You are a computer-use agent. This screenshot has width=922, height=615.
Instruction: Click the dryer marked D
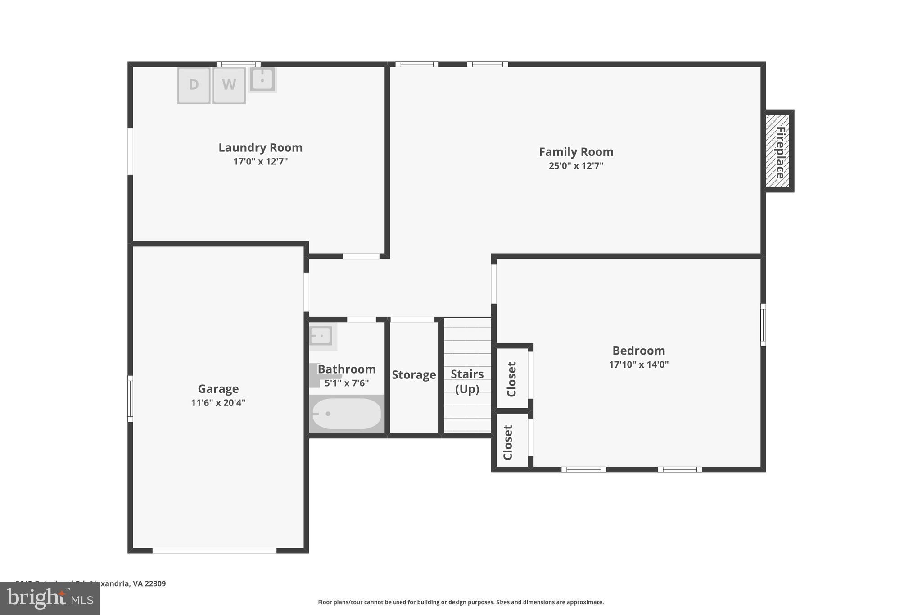(x=194, y=85)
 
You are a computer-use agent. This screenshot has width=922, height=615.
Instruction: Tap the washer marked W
(x=229, y=85)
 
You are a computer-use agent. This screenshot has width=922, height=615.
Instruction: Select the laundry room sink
(x=262, y=80)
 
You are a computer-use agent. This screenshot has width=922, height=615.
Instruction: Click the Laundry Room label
(x=260, y=148)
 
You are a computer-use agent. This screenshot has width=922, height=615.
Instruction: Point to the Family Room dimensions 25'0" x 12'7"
(x=576, y=166)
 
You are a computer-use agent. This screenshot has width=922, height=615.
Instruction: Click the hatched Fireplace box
(x=778, y=151)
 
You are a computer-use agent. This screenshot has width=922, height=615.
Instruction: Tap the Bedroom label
(x=638, y=351)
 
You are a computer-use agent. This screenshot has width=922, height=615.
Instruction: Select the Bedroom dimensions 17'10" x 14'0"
(x=638, y=364)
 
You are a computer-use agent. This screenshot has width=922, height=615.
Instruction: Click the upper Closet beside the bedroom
(x=512, y=379)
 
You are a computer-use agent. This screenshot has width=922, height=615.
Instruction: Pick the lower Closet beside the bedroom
(x=509, y=442)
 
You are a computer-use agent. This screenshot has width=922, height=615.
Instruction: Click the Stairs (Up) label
(x=467, y=381)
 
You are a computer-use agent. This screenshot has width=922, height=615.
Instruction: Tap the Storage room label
(x=414, y=375)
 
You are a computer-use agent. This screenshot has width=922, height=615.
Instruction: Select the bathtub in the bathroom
(x=346, y=414)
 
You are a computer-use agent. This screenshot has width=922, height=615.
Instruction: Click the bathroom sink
(x=321, y=336)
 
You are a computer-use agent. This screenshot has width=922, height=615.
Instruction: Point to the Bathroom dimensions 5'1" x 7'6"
(x=346, y=383)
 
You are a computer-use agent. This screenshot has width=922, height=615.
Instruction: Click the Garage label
(x=218, y=389)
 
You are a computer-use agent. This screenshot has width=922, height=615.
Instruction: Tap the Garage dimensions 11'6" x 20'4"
(x=218, y=403)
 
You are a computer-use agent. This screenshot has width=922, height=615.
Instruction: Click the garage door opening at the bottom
(x=214, y=551)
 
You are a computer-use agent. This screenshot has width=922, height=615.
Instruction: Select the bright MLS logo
(x=50, y=599)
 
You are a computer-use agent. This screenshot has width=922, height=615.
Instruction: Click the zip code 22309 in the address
(x=155, y=583)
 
